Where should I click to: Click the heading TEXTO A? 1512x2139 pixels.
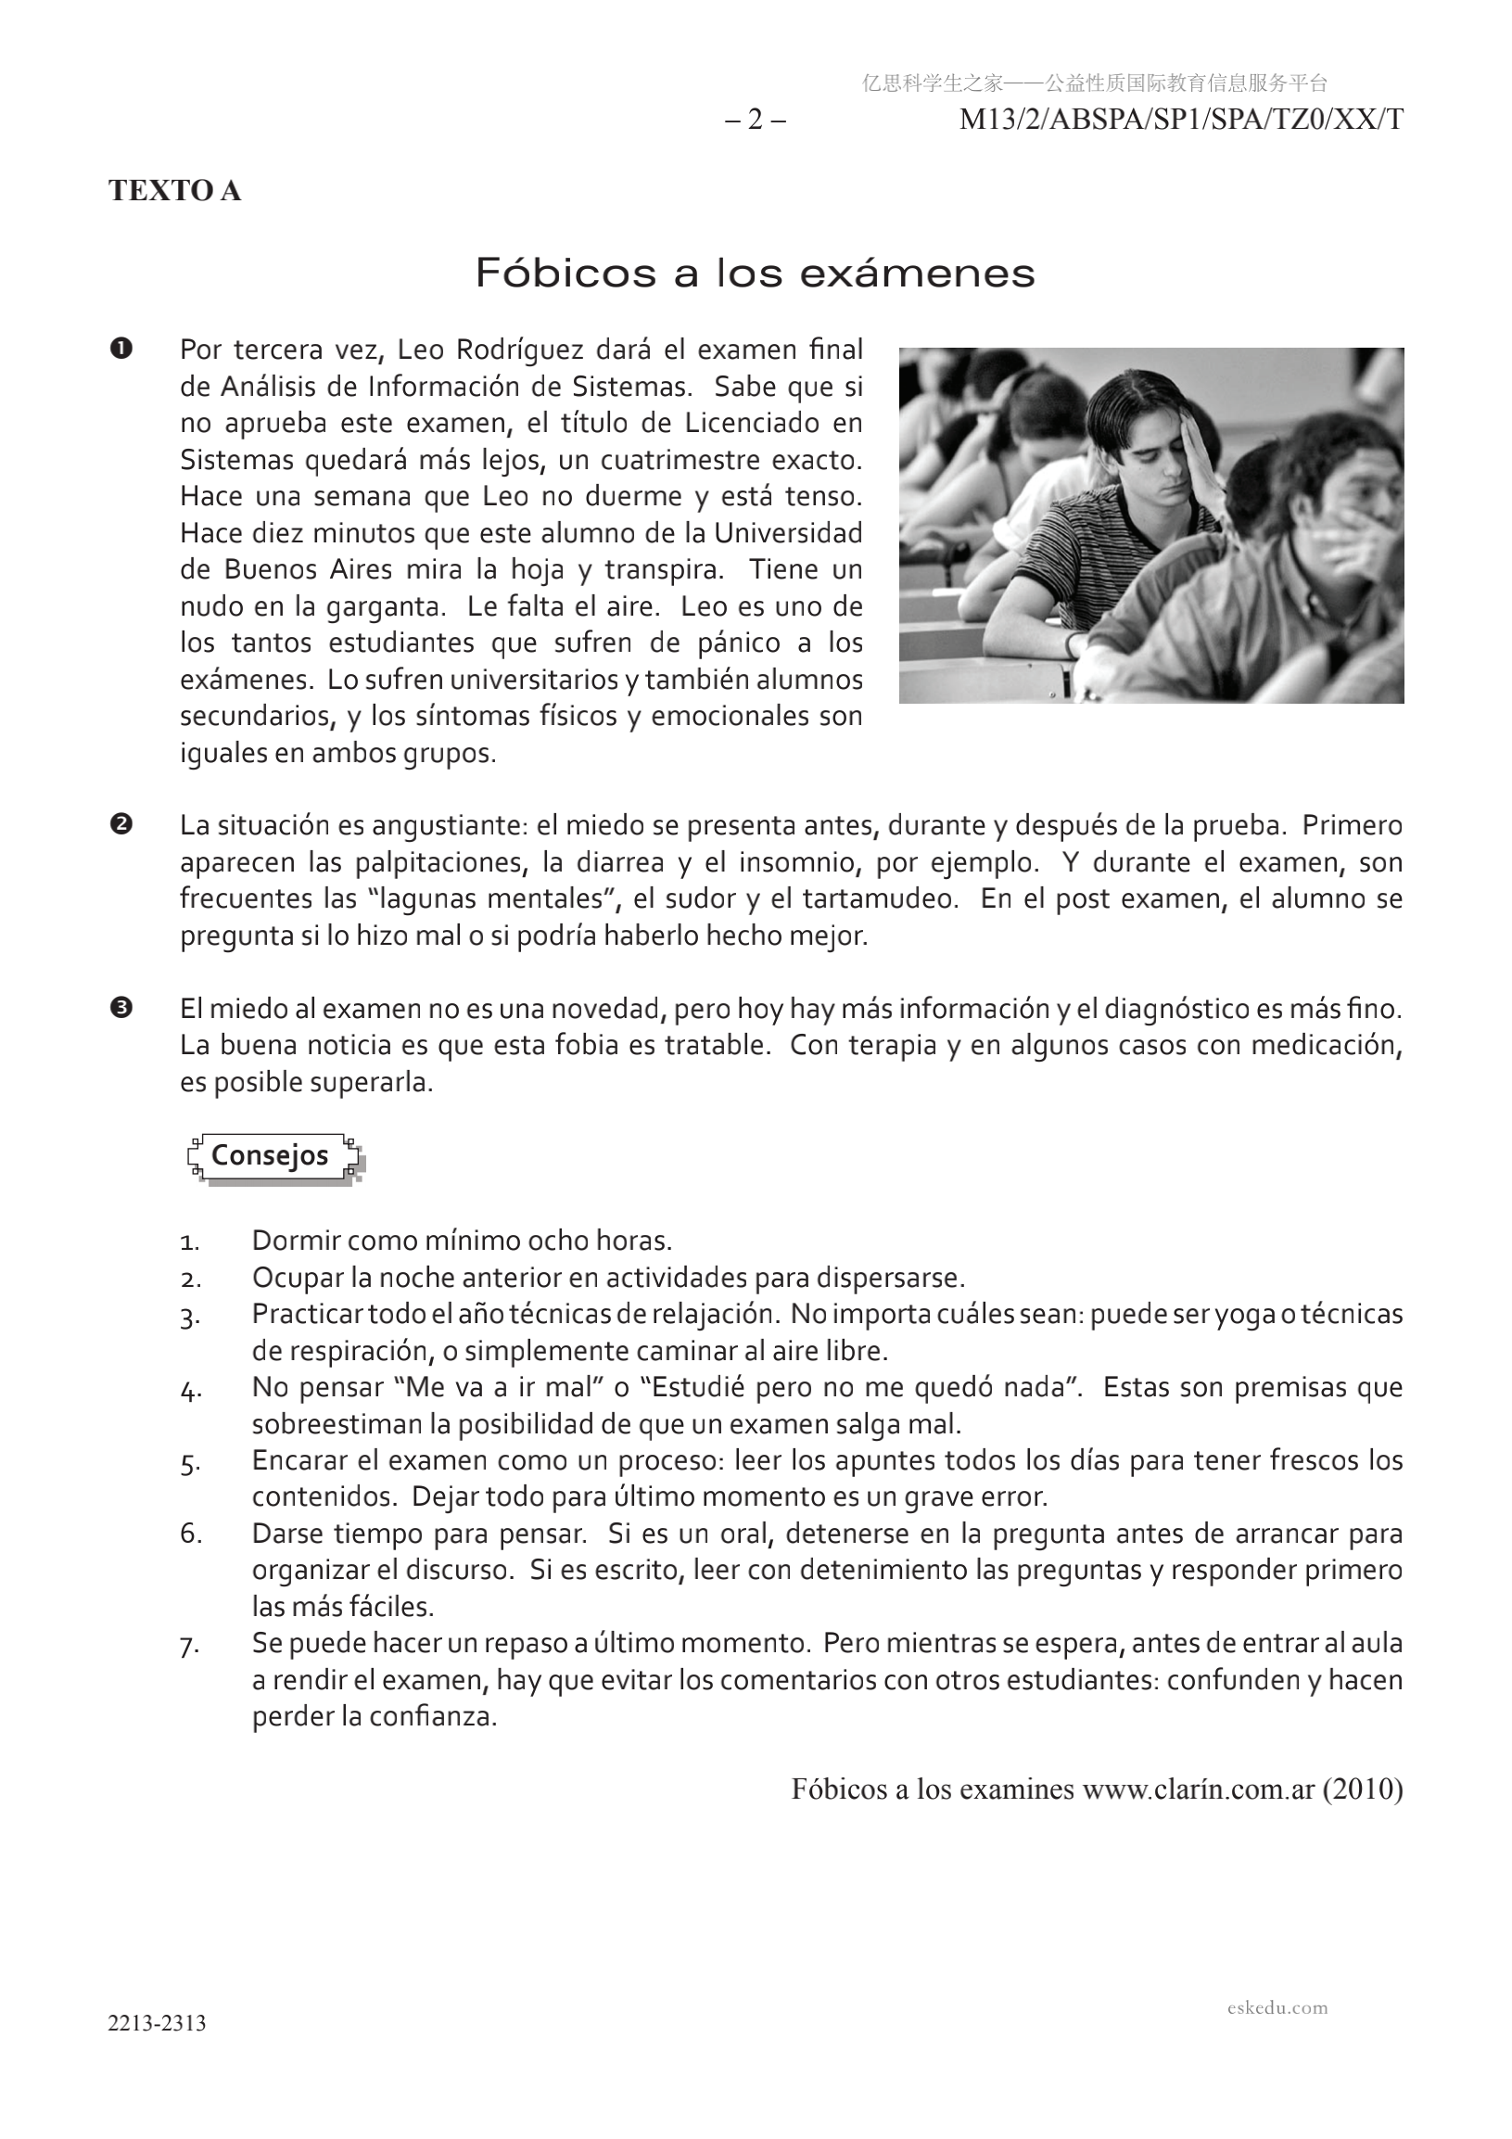(174, 190)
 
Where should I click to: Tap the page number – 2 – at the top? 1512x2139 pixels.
(756, 121)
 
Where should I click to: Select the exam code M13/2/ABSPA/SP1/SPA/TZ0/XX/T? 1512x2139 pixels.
(1180, 121)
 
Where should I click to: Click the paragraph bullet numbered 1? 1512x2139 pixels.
(121, 350)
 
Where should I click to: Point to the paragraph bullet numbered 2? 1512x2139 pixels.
(121, 824)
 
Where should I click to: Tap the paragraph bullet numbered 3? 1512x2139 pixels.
(121, 1007)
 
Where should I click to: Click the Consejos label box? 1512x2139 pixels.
(270, 1155)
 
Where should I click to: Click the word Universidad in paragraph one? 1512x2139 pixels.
(788, 534)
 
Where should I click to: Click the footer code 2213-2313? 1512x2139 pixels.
(157, 2022)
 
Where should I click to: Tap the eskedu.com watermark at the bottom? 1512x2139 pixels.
(1277, 2007)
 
